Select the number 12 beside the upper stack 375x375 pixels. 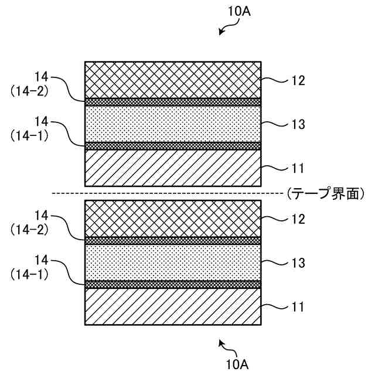(298, 80)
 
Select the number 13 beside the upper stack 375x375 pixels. (298, 124)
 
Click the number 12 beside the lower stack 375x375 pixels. (298, 219)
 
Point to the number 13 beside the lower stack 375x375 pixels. (298, 263)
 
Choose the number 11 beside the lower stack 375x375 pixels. (298, 307)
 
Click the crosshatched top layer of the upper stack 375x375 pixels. (173, 79)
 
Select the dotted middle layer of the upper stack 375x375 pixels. (173, 124)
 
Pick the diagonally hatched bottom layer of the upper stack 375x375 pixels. (173, 168)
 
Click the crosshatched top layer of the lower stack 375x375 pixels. (173, 218)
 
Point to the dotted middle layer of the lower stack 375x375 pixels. (173, 262)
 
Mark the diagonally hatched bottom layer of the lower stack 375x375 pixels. (173, 306)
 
